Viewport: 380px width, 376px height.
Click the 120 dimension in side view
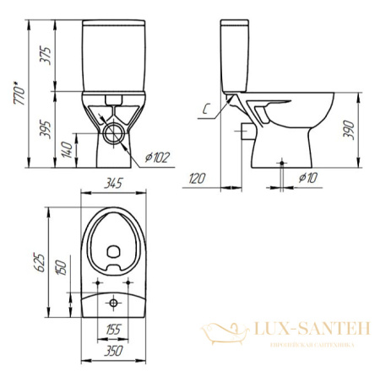pos(198,178)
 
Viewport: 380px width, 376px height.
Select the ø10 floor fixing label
pos(309,177)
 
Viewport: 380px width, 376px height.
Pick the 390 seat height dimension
pos(364,128)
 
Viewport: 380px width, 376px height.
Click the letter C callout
pos(207,107)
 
